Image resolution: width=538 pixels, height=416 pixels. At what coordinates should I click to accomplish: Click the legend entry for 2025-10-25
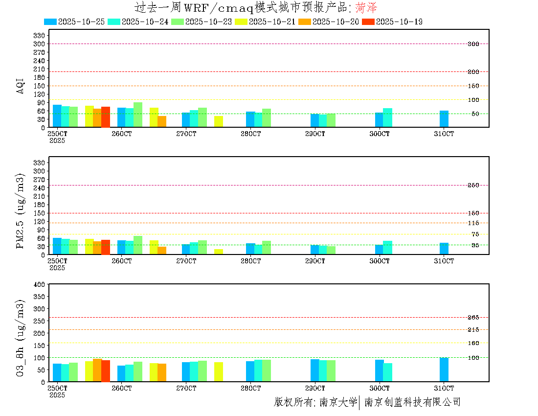74,22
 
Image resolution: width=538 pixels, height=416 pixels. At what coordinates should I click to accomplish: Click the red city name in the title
366,7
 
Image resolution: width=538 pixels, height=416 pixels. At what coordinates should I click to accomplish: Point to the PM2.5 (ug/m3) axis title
21,211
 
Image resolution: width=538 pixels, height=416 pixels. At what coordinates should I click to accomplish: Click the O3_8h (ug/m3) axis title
21,337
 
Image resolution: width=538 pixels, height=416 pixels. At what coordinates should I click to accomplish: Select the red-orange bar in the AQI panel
106,117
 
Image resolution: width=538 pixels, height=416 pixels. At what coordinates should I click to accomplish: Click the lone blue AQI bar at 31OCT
444,119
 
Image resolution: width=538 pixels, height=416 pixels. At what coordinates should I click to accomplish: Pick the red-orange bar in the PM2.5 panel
106,247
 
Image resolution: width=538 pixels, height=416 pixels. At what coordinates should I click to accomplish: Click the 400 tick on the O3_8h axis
40,284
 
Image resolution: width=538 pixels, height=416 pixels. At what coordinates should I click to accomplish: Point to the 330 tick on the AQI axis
40,35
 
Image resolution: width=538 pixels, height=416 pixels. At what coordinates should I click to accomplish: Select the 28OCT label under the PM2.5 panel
250,261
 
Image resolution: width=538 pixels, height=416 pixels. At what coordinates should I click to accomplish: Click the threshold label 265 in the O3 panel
473,318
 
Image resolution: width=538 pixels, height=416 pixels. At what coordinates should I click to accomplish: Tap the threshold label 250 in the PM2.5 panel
473,185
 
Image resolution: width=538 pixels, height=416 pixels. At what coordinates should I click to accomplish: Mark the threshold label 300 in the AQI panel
473,44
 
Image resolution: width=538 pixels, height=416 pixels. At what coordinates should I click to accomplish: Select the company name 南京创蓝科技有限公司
412,402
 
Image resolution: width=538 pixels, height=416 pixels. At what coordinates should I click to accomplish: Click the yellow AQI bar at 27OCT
219,121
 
